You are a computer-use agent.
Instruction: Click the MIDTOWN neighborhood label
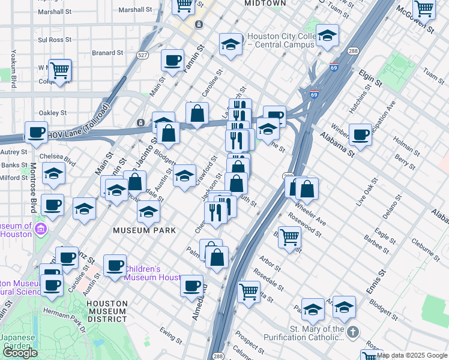coord(265,4)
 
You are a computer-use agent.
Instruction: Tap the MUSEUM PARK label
coord(145,230)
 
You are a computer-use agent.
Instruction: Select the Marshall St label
coord(136,10)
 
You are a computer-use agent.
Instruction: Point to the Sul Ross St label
coord(55,40)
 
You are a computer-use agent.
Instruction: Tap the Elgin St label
coord(370,79)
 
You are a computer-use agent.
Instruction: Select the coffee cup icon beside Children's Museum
coord(114,265)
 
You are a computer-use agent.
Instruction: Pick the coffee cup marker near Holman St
coord(360,134)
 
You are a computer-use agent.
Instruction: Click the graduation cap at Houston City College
coord(230,44)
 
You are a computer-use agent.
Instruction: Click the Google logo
coord(20,353)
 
